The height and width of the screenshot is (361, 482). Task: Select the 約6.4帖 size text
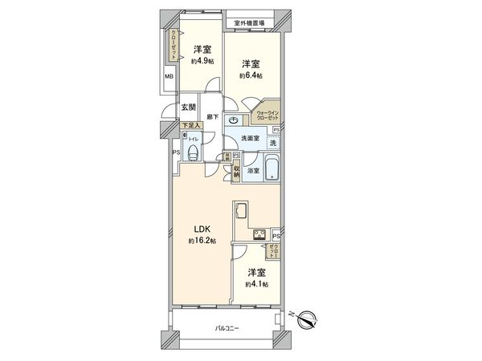[251, 75]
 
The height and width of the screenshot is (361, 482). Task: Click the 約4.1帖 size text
[257, 284]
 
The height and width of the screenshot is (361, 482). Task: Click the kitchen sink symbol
[242, 211]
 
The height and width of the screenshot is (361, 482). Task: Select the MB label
[169, 76]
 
